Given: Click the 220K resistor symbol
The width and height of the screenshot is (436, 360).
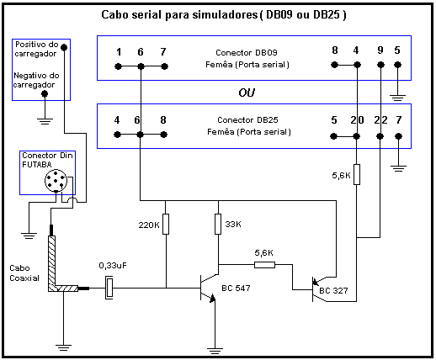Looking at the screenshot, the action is pyautogui.click(x=166, y=224).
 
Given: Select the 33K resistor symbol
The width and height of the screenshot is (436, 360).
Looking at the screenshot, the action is pyautogui.click(x=218, y=224).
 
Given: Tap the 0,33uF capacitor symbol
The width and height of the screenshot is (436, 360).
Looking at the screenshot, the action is pyautogui.click(x=109, y=288).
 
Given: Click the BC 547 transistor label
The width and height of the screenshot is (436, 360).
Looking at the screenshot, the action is pyautogui.click(x=236, y=289).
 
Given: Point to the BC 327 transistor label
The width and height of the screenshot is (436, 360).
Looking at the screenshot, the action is pyautogui.click(x=333, y=290).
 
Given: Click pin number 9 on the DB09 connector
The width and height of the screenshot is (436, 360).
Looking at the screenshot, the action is pyautogui.click(x=380, y=50).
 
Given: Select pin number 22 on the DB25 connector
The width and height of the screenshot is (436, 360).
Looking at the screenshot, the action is pyautogui.click(x=380, y=120).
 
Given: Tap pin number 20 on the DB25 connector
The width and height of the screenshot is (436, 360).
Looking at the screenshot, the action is pyautogui.click(x=357, y=120).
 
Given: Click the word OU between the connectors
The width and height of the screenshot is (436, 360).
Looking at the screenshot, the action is pyautogui.click(x=247, y=93).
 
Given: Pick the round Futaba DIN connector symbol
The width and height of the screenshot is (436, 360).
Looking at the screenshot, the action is pyautogui.click(x=56, y=181).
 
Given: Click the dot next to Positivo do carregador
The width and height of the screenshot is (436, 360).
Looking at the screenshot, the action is pyautogui.click(x=64, y=47).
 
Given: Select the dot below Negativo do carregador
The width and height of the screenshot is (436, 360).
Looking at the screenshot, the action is pyautogui.click(x=45, y=93).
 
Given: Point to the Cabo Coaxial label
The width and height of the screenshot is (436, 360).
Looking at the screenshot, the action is pyautogui.click(x=24, y=273).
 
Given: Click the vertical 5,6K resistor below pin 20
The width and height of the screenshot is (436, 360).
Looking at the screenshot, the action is pyautogui.click(x=357, y=174).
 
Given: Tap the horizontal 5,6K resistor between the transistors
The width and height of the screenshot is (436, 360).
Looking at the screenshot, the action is pyautogui.click(x=264, y=265).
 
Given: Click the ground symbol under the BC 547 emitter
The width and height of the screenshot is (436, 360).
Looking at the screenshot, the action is pyautogui.click(x=215, y=351).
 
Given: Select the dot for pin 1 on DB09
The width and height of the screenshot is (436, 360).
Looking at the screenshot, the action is pyautogui.click(x=118, y=66).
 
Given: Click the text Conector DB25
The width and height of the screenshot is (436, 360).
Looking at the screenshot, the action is pyautogui.click(x=247, y=120).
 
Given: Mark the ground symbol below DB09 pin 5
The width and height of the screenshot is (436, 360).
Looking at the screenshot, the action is pyautogui.click(x=397, y=98).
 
